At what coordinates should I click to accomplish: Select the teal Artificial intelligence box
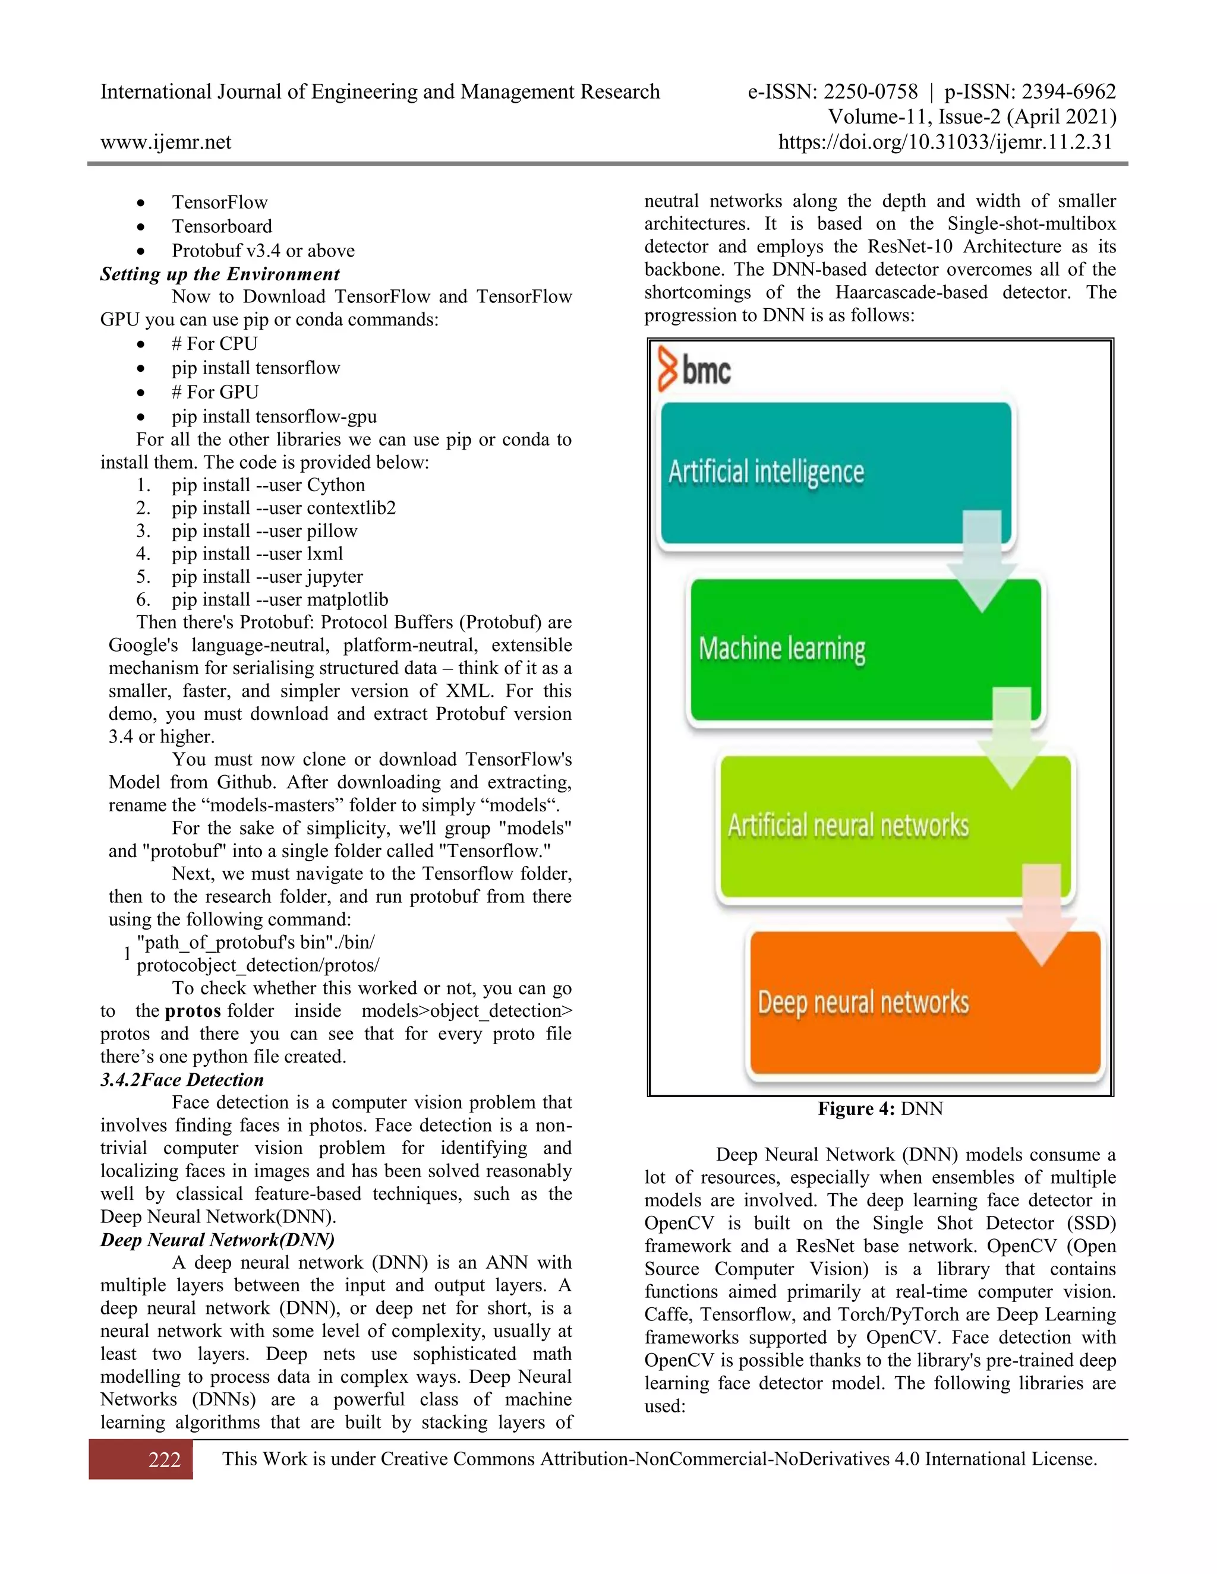coord(836,472)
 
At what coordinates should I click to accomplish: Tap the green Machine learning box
coord(865,649)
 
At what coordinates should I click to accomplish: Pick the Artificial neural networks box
coord(894,826)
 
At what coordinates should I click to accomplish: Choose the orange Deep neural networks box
coord(925,1003)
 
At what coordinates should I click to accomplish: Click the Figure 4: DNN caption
coord(879,1108)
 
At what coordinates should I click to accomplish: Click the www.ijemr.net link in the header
coord(166,142)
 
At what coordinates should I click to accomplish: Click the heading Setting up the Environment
coord(220,274)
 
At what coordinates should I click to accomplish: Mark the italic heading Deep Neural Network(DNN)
coord(217,1240)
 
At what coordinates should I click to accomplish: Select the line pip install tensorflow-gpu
coord(274,416)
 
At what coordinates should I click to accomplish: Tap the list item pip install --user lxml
coord(257,554)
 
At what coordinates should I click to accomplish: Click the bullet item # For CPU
coord(214,344)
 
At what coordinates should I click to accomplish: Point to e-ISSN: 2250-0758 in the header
coord(833,91)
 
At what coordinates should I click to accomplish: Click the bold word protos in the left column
coord(193,1011)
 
